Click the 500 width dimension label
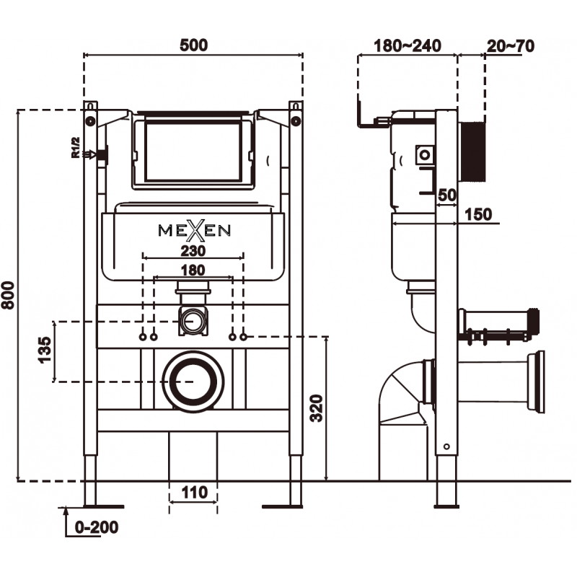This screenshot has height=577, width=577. point(193,45)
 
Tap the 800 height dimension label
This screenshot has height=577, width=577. point(8,294)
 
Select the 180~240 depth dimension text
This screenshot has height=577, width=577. point(408,46)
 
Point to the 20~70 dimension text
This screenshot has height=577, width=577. point(510,46)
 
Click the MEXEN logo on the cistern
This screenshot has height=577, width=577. point(194,229)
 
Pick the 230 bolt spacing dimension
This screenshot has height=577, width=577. point(193,251)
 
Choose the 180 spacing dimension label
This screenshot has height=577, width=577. point(193,270)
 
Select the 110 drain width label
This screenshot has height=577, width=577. point(193,493)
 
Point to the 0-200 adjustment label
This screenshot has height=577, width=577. point(95,527)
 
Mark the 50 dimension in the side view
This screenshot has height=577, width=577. point(448,195)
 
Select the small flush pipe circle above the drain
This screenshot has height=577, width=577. point(192,320)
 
